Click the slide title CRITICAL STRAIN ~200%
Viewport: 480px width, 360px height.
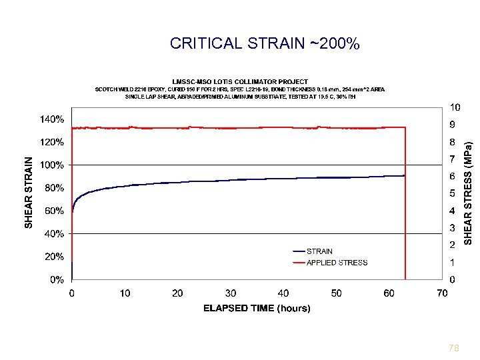pyautogui.click(x=265, y=44)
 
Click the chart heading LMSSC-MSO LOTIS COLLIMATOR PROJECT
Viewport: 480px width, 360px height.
pyautogui.click(x=240, y=81)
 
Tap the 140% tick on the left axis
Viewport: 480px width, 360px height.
pyautogui.click(x=51, y=119)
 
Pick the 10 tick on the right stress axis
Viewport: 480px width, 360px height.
pyautogui.click(x=455, y=107)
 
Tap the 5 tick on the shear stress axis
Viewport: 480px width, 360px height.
pyautogui.click(x=453, y=193)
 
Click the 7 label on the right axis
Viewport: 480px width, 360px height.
pyautogui.click(x=453, y=159)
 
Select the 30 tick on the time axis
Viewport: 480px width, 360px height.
pyautogui.click(x=230, y=293)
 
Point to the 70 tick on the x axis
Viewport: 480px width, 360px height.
pyautogui.click(x=442, y=293)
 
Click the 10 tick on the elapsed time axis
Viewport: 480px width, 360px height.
pyautogui.click(x=125, y=293)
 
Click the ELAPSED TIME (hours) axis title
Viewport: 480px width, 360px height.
pyautogui.click(x=257, y=308)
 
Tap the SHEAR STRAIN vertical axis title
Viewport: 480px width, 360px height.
pyautogui.click(x=29, y=193)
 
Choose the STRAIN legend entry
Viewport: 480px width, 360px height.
pyautogui.click(x=319, y=251)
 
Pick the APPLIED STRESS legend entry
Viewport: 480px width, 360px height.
pyautogui.click(x=337, y=263)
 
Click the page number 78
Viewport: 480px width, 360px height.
pyautogui.click(x=454, y=348)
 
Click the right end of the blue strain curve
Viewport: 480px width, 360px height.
pyautogui.click(x=404, y=176)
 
